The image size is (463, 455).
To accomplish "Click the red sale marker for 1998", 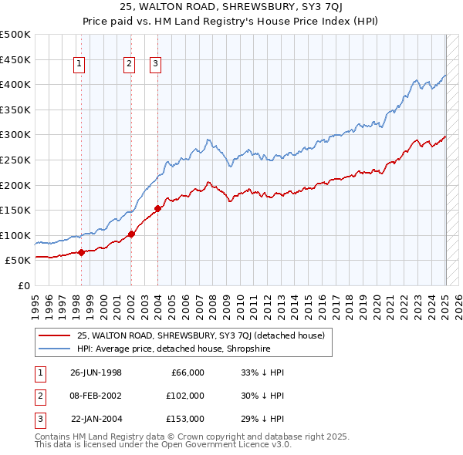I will pyautogui.click(x=81, y=252).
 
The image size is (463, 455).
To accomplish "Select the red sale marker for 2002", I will pyautogui.click(x=131, y=234).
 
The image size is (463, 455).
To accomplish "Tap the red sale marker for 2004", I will pyautogui.click(x=157, y=208).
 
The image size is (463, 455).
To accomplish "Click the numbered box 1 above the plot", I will pyautogui.click(x=79, y=65).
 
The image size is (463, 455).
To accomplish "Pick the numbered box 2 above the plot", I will pyautogui.click(x=129, y=65).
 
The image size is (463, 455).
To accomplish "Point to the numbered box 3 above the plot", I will pyautogui.click(x=155, y=65).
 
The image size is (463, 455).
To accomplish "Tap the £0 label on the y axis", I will pyautogui.click(x=23, y=285).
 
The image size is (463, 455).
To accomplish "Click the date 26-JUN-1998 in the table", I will pyautogui.click(x=96, y=372).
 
